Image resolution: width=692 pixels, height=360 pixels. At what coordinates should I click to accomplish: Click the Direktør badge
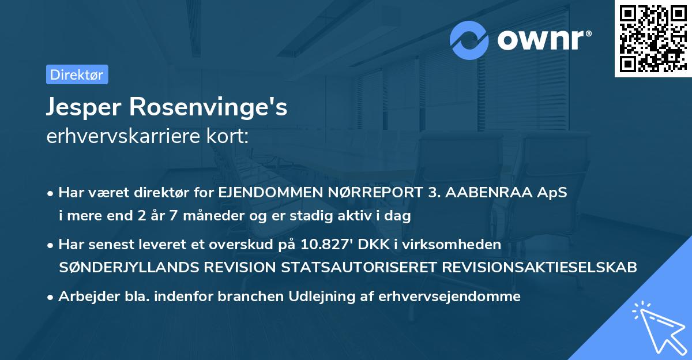(77, 74)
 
